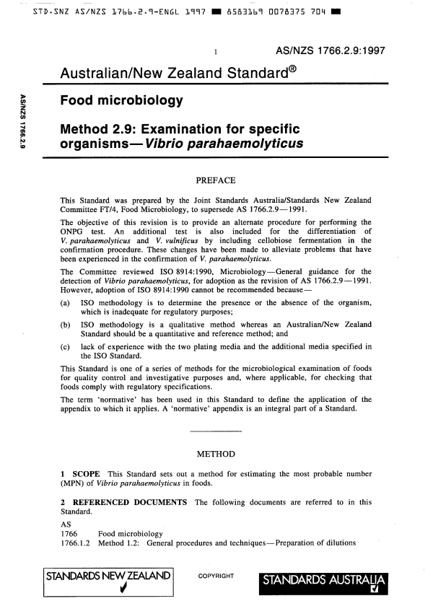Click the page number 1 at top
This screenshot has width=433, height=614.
click(x=216, y=52)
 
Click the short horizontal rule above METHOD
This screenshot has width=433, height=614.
click(x=216, y=431)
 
